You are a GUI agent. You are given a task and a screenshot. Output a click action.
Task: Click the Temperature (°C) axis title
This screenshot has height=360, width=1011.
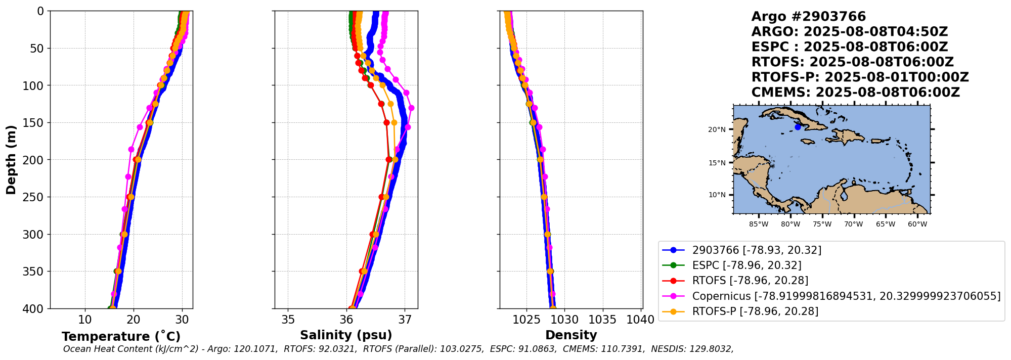click(x=121, y=337)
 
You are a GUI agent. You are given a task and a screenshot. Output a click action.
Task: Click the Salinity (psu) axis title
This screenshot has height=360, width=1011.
click(x=346, y=335)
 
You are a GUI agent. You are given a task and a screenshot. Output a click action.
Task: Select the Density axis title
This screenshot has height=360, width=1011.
click(x=571, y=335)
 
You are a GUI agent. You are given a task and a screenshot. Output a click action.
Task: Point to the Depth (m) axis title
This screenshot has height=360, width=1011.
click(x=11, y=160)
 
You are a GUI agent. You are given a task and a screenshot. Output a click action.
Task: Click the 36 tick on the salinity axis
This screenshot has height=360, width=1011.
click(x=346, y=320)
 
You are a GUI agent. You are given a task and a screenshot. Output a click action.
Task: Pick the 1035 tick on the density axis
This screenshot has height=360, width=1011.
click(x=603, y=320)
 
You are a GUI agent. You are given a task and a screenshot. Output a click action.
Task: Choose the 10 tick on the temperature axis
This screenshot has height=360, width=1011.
click(x=85, y=320)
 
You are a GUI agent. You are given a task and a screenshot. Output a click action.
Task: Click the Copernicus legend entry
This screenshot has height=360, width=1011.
click(x=846, y=296)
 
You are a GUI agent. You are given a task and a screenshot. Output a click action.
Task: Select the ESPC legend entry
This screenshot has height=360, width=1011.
click(x=746, y=265)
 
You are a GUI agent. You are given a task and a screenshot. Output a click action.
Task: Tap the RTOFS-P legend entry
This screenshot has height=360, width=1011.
click(x=755, y=311)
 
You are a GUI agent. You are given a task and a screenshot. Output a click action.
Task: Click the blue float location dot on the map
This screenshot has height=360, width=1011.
click(x=798, y=127)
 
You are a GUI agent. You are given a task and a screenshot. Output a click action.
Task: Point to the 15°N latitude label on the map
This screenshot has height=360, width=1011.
click(x=717, y=163)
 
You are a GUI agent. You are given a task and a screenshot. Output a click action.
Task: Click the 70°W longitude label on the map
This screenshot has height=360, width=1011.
click(x=854, y=224)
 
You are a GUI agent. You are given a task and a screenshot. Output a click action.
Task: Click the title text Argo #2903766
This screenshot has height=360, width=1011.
click(x=809, y=17)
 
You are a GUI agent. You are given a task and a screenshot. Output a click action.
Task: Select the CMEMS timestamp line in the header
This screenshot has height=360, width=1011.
click(x=855, y=93)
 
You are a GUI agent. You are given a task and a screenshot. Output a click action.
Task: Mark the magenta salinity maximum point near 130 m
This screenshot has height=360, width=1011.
click(x=411, y=108)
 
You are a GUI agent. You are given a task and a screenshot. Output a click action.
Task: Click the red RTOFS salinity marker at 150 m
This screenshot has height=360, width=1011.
click(x=386, y=122)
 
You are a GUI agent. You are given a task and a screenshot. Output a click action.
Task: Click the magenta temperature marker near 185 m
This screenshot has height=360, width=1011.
click(x=131, y=149)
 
